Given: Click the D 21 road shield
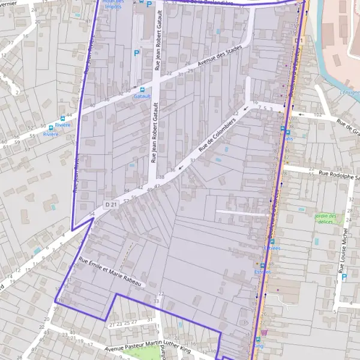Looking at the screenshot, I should tap(111, 205).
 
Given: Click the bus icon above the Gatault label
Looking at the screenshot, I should tap(142, 89).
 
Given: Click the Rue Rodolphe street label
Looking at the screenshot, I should tap(340, 175).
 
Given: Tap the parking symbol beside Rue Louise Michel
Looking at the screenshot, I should tap(344, 277).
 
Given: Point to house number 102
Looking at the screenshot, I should tap(318, 113).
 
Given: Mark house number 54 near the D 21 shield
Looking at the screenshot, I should tap(92, 214).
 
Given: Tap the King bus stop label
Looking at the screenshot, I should tap(259, 346).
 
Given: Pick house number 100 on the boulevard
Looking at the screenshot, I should tap(292, 119).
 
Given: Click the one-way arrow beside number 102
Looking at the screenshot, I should tap(300, 114).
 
